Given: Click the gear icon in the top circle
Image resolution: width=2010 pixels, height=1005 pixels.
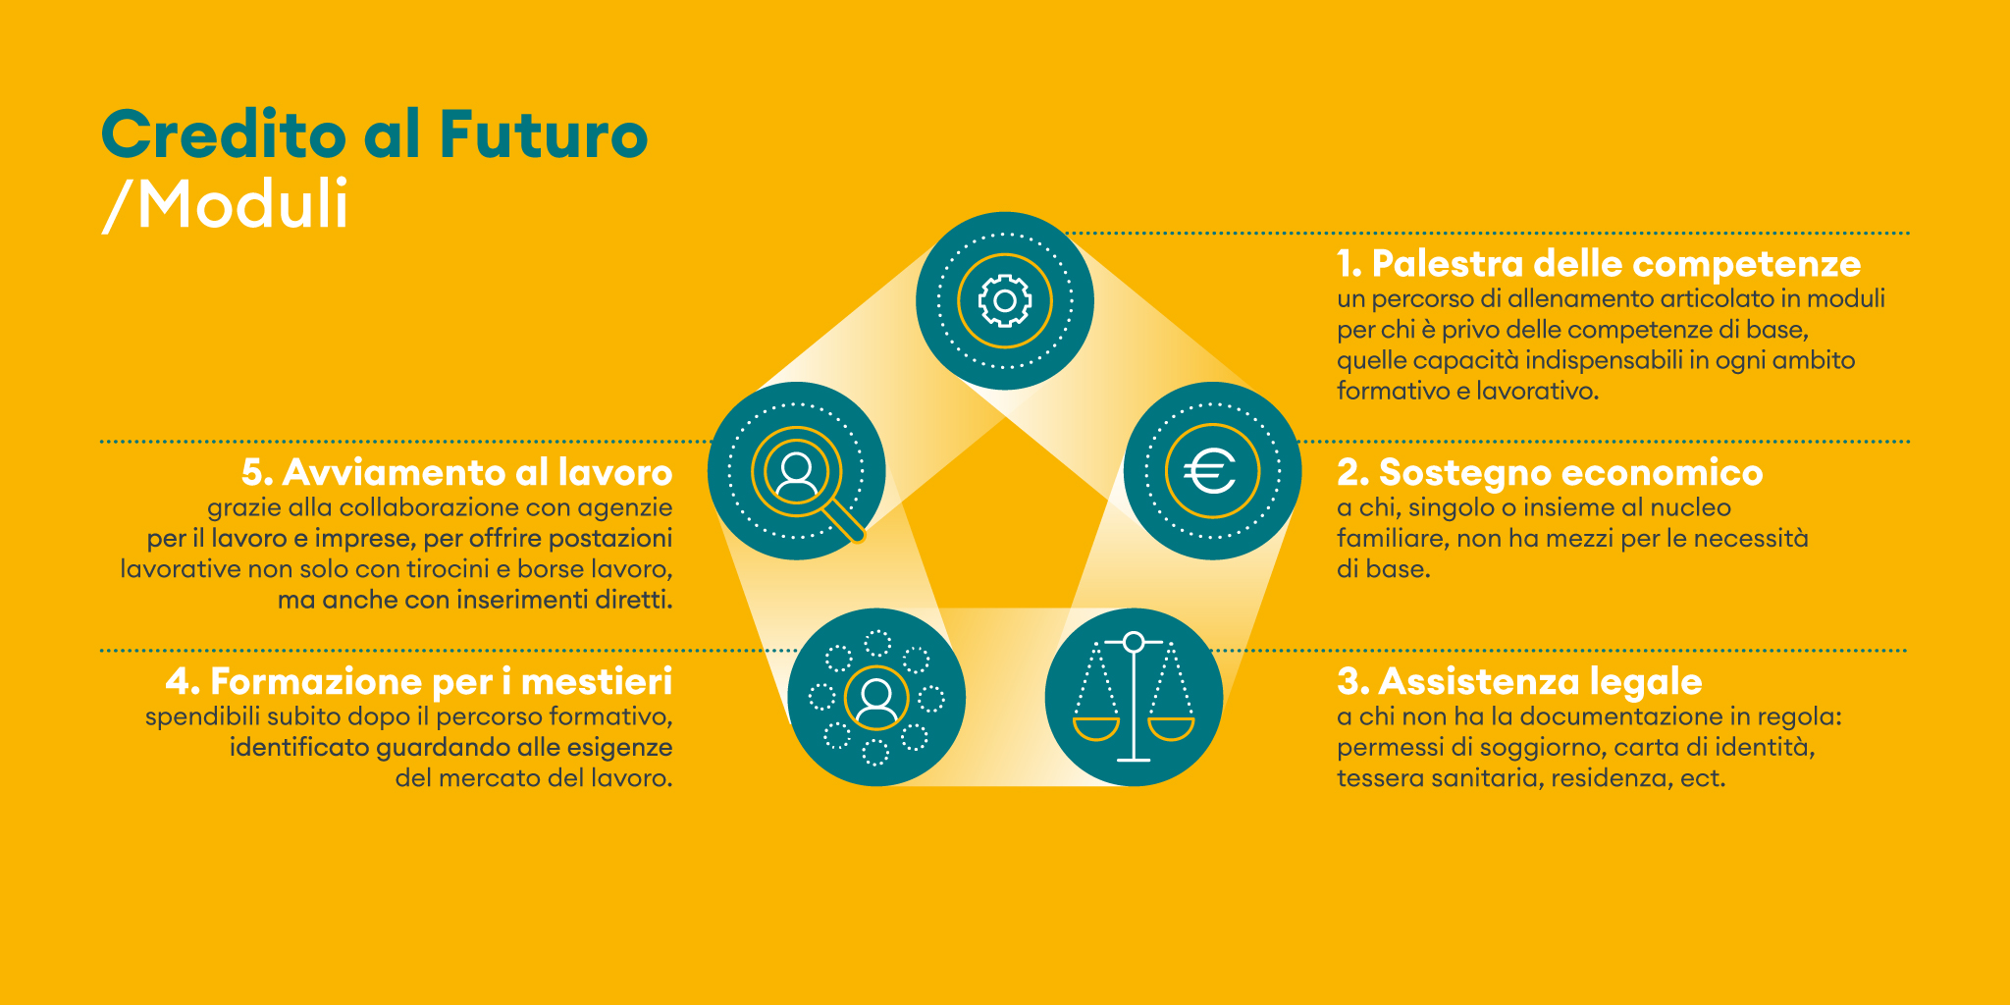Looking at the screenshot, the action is (1005, 300).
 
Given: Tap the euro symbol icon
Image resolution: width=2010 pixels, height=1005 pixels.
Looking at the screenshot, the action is (1210, 472).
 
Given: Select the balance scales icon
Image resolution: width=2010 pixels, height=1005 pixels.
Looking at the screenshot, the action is (1134, 697).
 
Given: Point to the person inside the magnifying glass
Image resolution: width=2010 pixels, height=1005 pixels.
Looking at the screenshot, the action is (796, 472).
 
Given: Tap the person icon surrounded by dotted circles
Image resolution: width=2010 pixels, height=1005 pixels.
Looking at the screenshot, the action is (876, 699).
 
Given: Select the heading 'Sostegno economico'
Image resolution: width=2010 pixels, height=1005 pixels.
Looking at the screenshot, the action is (1550, 472).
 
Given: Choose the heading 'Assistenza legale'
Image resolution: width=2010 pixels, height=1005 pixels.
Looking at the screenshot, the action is (1519, 681).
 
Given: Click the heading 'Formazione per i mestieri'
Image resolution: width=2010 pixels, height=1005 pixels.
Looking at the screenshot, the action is (419, 681).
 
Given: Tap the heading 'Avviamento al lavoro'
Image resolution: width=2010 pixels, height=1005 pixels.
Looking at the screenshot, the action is (457, 472).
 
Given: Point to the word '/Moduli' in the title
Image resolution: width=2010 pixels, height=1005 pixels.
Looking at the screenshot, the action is (226, 205).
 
